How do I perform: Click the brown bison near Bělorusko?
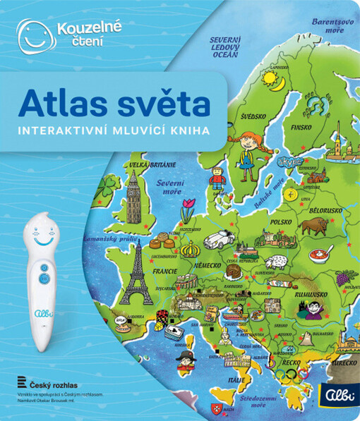tap(313, 226)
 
